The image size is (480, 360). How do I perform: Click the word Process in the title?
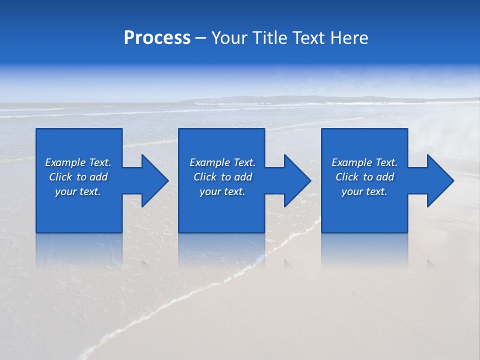[x=157, y=38]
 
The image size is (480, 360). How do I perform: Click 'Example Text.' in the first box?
[x=78, y=162]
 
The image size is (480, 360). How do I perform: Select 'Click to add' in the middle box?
[x=222, y=177]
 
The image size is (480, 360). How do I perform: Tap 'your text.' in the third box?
[x=364, y=191]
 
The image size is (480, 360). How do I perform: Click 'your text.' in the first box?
[x=78, y=191]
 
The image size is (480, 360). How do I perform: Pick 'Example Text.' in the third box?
[x=364, y=162]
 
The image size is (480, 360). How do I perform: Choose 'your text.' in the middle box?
[x=222, y=191]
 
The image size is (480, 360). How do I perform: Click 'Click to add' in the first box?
[x=78, y=177]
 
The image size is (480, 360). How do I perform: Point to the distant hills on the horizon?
[x=280, y=98]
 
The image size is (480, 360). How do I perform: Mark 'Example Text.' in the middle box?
[x=222, y=162]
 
